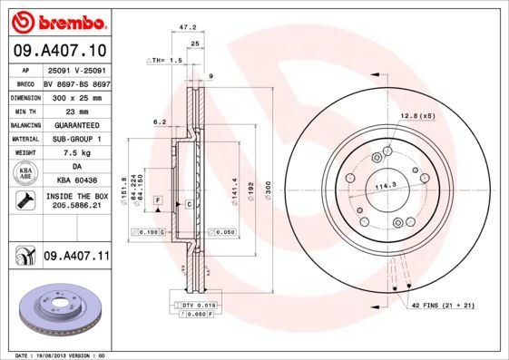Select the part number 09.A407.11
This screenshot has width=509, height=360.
tap(75, 258)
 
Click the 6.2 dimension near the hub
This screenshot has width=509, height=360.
tap(160, 121)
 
